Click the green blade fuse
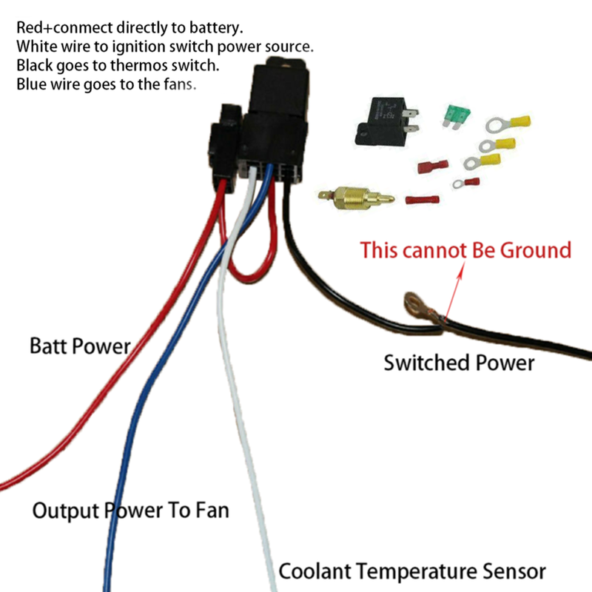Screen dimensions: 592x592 (454, 115)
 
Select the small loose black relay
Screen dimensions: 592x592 (386, 120)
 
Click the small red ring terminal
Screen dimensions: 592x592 (467, 182)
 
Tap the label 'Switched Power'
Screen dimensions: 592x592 (459, 363)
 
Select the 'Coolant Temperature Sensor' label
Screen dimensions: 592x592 (412, 571)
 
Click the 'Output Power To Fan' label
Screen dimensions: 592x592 (130, 510)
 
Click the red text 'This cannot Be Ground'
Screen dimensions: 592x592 (466, 249)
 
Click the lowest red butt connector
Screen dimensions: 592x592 (423, 200)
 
